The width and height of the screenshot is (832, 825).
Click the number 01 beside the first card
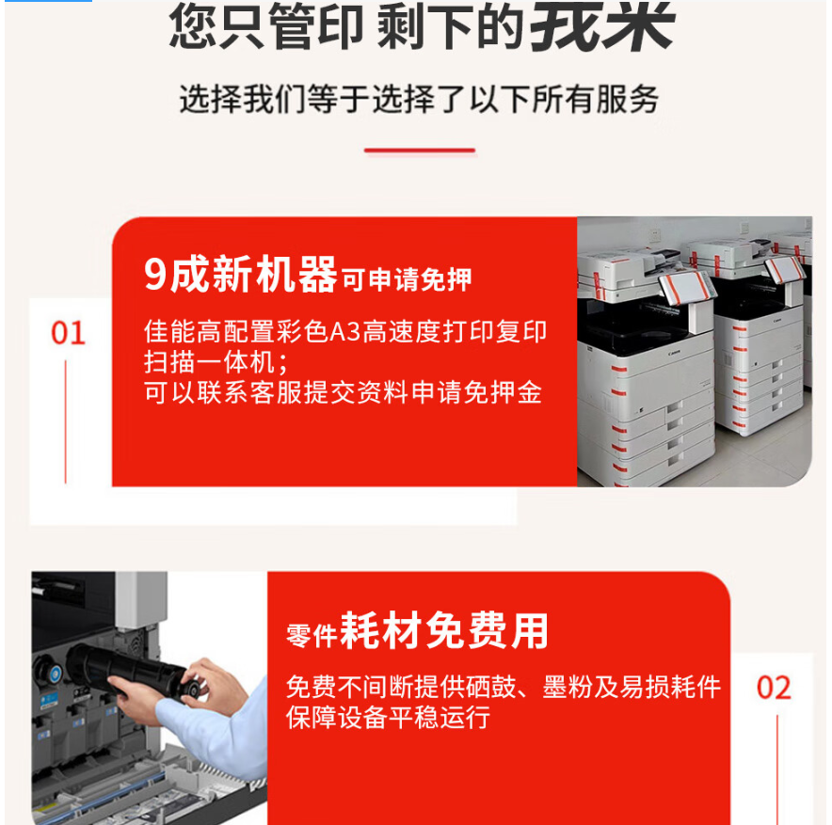[x=68, y=333]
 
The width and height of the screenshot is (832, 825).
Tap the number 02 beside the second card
[x=774, y=688]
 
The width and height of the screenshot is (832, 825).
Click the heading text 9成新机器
[x=240, y=274]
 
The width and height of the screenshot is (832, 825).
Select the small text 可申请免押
[x=406, y=279]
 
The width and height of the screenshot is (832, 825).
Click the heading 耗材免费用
[x=444, y=630]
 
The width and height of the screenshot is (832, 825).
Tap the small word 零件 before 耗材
[x=312, y=635]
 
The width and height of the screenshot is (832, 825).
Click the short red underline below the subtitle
[x=419, y=151]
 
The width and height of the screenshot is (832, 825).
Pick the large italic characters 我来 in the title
[x=601, y=25]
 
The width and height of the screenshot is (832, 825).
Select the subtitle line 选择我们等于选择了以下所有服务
[x=419, y=99]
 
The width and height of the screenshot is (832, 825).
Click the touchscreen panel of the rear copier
[x=784, y=269]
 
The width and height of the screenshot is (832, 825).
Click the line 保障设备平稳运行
[x=388, y=717]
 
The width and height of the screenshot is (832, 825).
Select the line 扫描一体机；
[x=216, y=363]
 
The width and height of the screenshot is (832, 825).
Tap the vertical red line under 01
[x=65, y=421]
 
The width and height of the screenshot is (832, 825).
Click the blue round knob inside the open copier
[x=54, y=674]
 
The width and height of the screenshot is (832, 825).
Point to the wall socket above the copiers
[x=654, y=234]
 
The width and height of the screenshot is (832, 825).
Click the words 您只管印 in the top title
[x=266, y=26]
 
